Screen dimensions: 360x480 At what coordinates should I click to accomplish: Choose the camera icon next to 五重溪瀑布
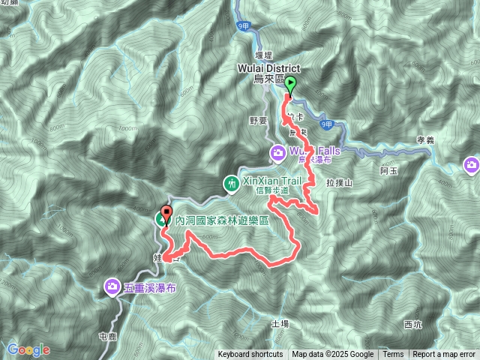coord(112,286)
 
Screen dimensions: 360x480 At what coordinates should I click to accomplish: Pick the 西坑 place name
coord(412,325)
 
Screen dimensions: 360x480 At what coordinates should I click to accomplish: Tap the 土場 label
coord(280,323)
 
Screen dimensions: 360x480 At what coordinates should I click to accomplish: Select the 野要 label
coord(258,120)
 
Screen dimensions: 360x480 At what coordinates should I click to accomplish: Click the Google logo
coord(29,349)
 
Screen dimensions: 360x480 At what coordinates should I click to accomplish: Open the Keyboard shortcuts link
coord(250,355)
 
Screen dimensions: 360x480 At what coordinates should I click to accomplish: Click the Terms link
coord(393,355)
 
